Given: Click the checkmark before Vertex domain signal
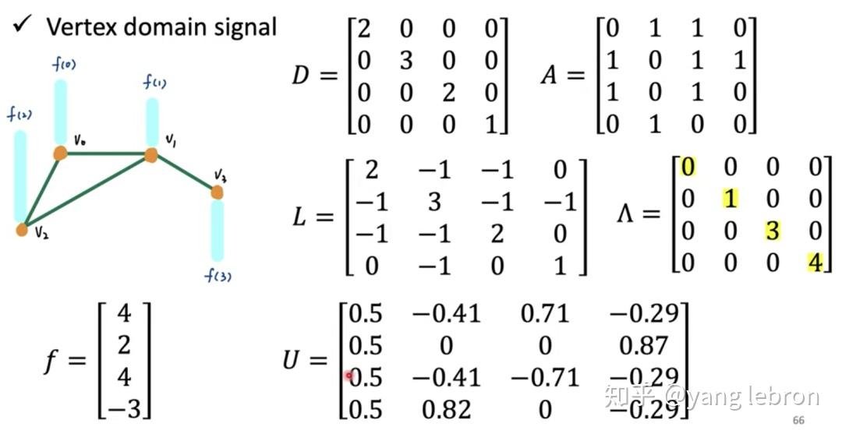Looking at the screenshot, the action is (x=22, y=26).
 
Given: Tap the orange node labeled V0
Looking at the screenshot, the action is (x=60, y=153).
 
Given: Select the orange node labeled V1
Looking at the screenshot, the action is (x=150, y=156).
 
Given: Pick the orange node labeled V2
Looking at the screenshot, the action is (x=22, y=229).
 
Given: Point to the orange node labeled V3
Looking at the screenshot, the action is (x=217, y=191).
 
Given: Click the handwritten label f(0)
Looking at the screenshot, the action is (x=63, y=65).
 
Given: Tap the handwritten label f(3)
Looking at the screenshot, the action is (x=219, y=275).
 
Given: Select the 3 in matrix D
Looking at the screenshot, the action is (x=406, y=61).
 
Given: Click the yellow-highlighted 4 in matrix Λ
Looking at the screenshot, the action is (x=815, y=262).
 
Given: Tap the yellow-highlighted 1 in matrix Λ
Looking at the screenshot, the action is (x=730, y=199).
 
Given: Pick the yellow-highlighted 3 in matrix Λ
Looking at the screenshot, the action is (x=772, y=231).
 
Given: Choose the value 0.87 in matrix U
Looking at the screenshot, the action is (x=646, y=345).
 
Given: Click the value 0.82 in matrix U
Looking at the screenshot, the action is (x=446, y=408).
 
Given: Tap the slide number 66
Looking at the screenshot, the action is (x=798, y=421).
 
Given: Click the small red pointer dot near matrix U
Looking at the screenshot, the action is (x=348, y=376).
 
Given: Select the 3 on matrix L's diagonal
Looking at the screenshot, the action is (x=434, y=203).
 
